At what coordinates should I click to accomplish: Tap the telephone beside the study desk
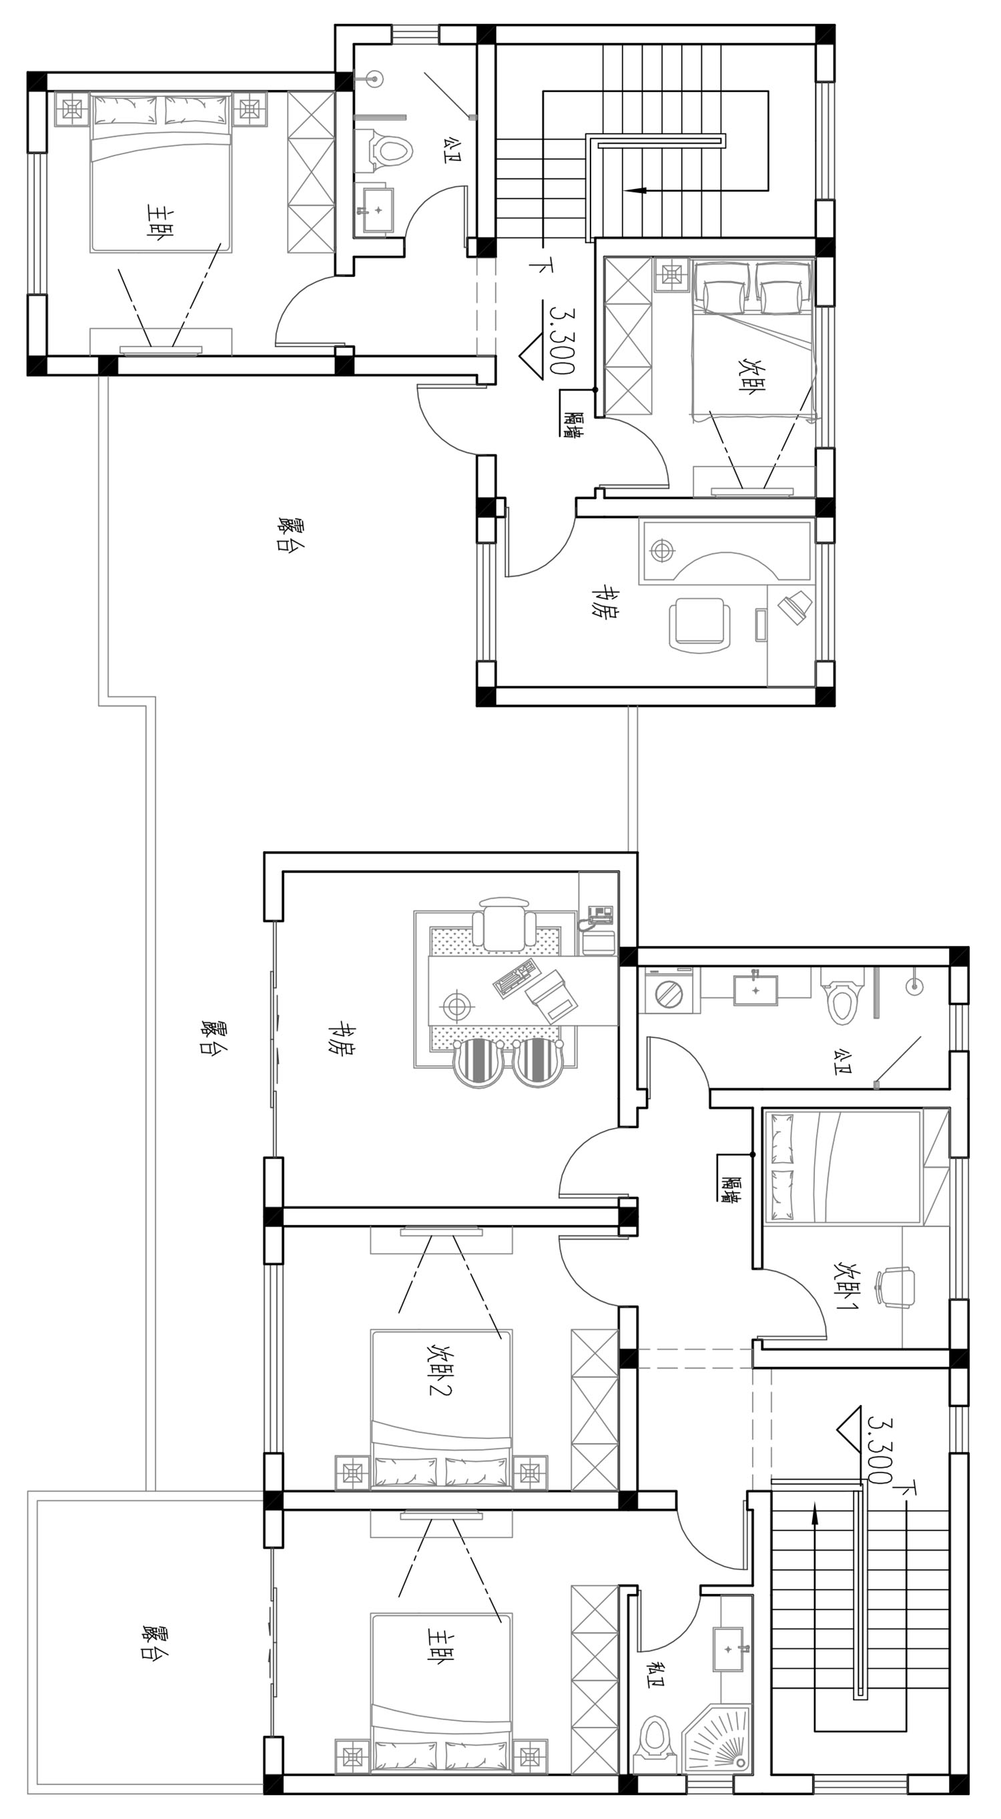[597, 917]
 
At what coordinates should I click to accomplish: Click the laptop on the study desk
[551, 997]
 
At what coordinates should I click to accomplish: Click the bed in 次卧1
[844, 1165]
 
